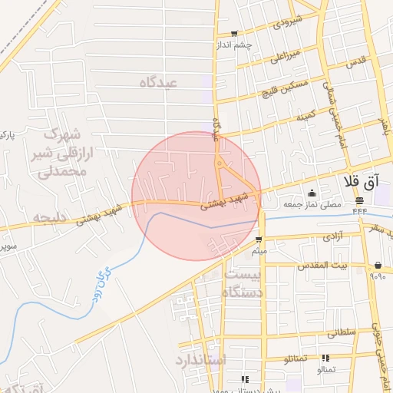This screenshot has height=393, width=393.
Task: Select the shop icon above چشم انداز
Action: pos(233,35)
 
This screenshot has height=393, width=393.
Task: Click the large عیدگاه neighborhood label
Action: pos(158,82)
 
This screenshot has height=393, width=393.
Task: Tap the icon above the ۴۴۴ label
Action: pos(359,200)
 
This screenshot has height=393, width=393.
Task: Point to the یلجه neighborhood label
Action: pos(48,217)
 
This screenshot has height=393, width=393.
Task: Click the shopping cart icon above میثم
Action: pos(258,240)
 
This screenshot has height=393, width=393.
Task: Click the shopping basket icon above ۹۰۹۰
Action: pos(378,266)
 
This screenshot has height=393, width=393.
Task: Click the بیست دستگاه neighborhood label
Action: pos(243,283)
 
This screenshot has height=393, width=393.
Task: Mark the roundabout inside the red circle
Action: pos(220,163)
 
